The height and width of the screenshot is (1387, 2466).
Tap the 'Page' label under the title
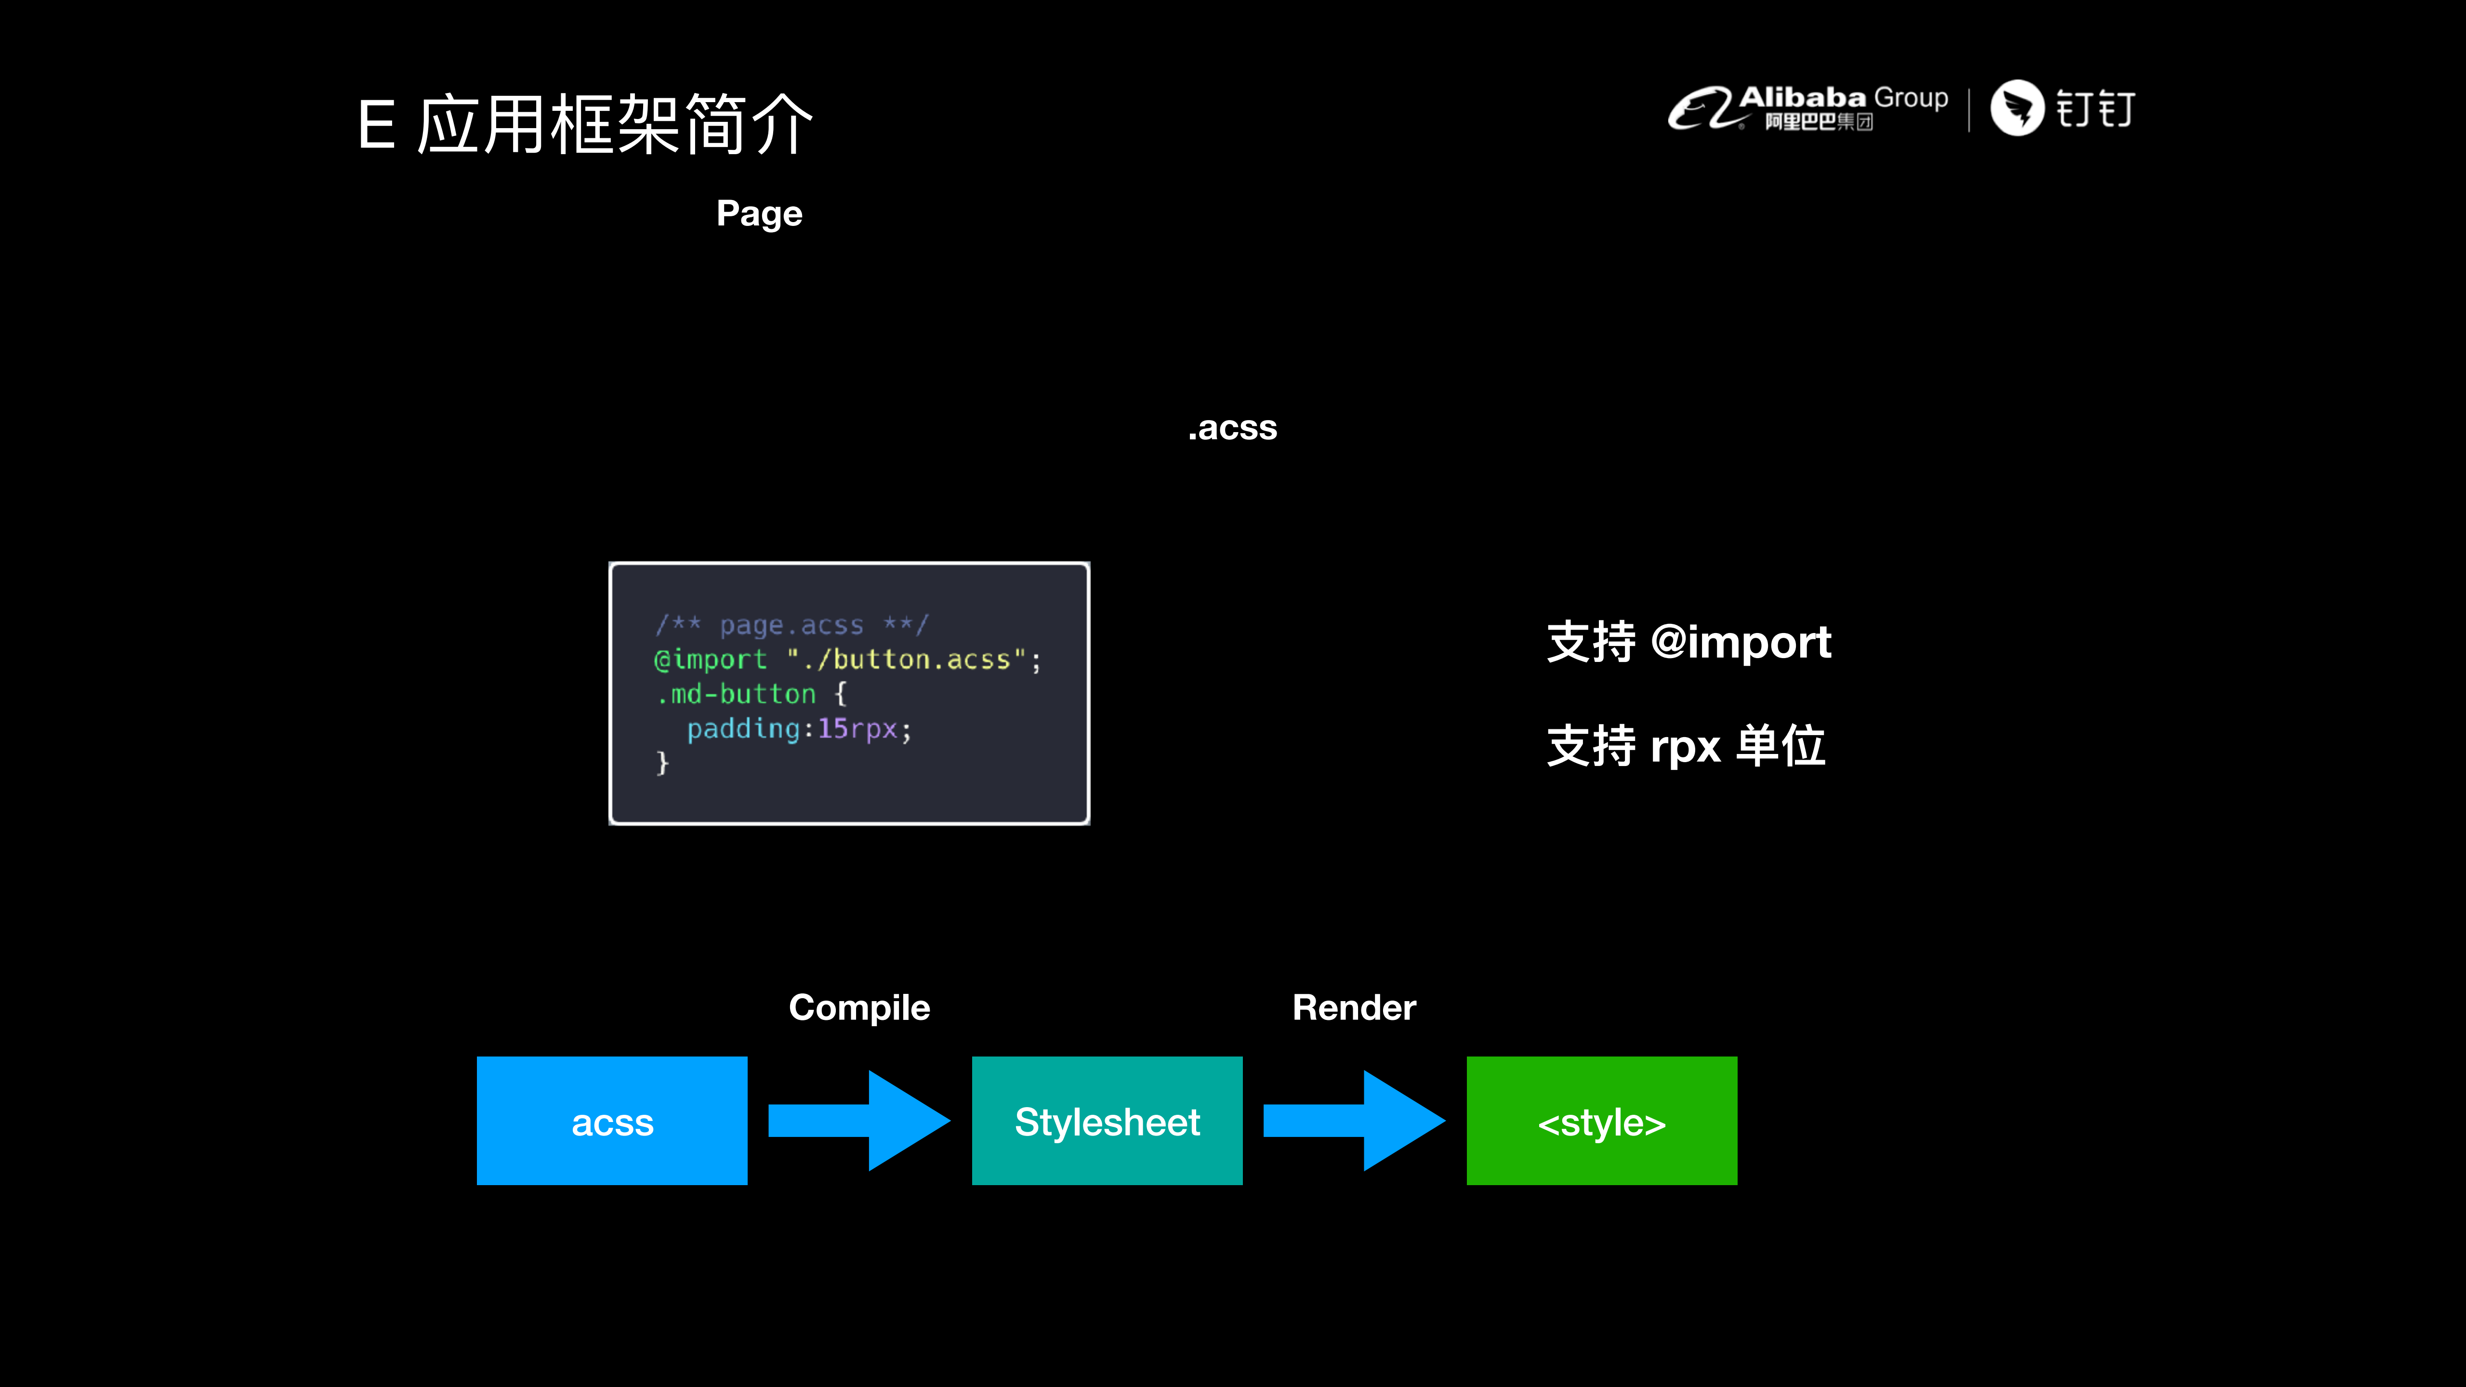point(759,213)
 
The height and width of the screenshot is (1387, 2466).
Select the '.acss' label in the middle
point(1232,428)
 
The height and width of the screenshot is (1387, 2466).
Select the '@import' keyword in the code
point(710,660)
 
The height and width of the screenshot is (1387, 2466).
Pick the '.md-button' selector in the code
point(736,694)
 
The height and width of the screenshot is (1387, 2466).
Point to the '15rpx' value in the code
point(857,729)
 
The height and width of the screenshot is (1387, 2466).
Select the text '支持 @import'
point(1688,641)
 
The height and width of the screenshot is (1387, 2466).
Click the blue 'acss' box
point(612,1121)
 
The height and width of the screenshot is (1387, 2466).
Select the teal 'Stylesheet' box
point(1107,1121)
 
